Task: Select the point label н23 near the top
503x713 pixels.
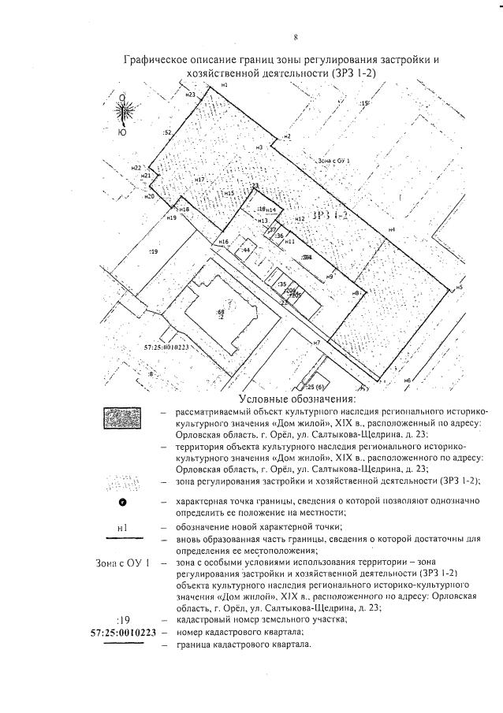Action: (191, 95)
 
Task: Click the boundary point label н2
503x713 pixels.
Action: (289, 137)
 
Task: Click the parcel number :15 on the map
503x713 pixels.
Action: (364, 104)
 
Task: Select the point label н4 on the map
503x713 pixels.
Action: (391, 229)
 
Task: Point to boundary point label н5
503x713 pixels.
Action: (458, 288)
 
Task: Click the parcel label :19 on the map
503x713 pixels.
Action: (154, 251)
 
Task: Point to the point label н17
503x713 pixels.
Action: (200, 180)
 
